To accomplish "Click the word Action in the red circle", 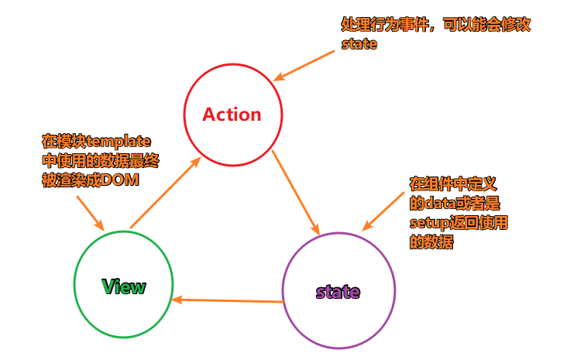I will coord(232,115).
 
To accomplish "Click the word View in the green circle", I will coord(123,286).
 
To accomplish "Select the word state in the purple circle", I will coord(338,292).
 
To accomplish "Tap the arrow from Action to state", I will coord(295,193).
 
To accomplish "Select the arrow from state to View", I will coord(227,300).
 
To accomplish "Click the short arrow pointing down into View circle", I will coord(89,211).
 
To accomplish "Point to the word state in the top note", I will coord(359,44).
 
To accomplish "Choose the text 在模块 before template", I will coord(64,142).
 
